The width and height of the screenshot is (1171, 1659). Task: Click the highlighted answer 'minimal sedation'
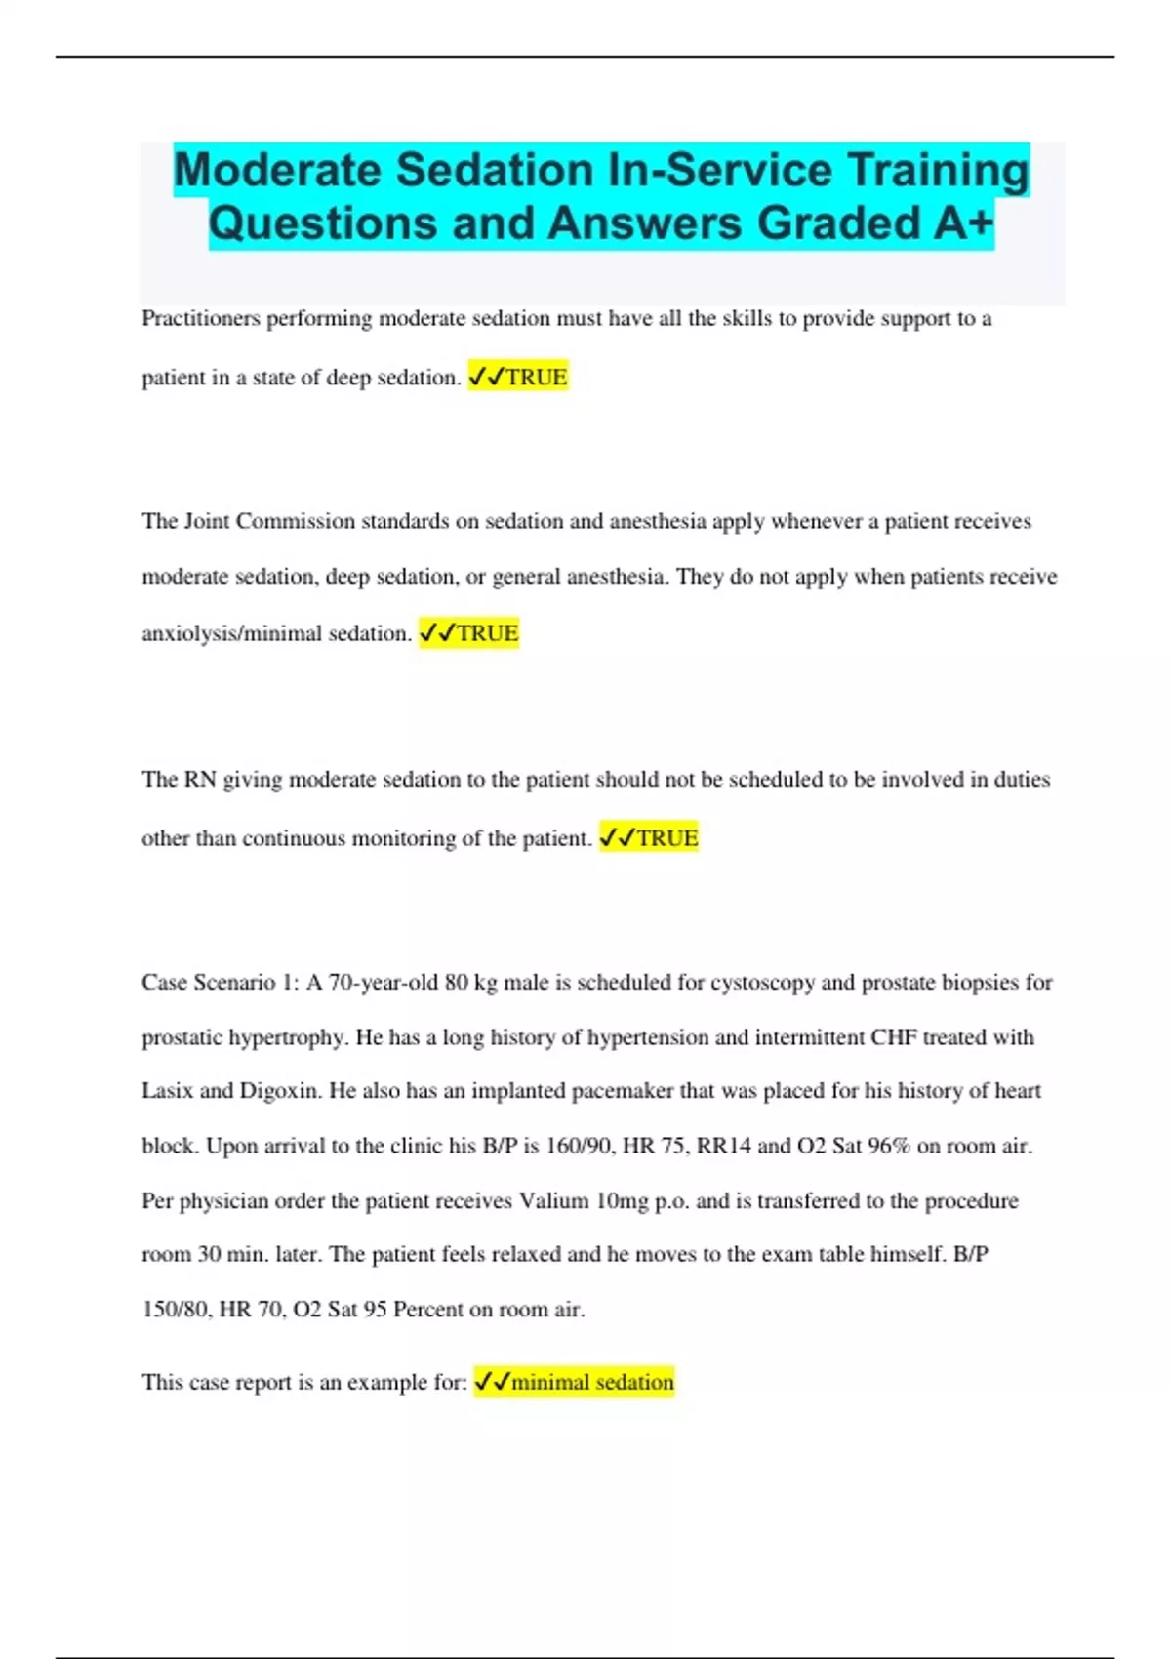click(x=591, y=1382)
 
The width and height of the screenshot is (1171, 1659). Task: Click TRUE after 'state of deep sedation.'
click(x=536, y=377)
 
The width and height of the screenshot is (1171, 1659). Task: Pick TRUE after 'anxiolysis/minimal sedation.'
click(x=487, y=633)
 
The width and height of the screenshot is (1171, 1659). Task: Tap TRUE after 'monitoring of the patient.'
click(x=666, y=838)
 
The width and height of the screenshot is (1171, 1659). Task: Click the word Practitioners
click(x=201, y=319)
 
